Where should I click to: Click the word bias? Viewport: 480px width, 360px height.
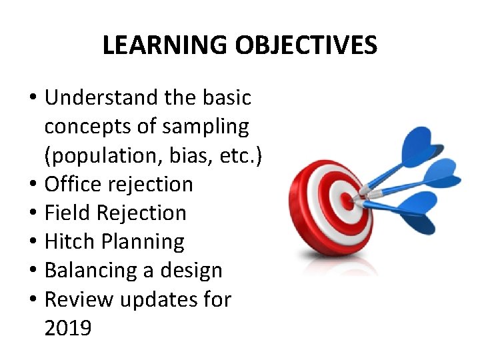pyautogui.click(x=191, y=155)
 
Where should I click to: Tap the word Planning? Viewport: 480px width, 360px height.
pyautogui.click(x=145, y=241)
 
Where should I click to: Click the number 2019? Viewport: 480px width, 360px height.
pyautogui.click(x=67, y=328)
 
